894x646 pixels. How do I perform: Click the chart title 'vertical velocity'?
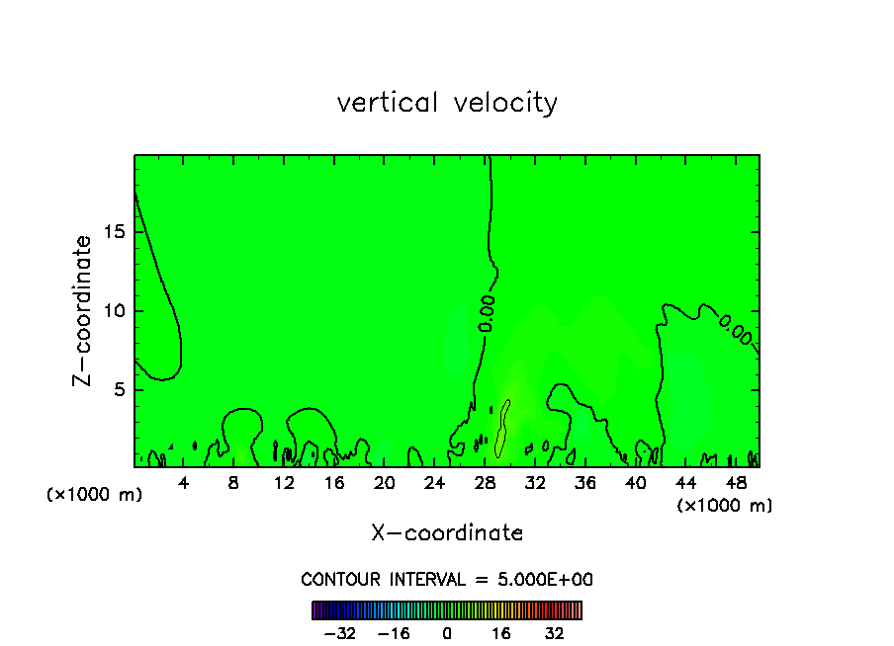point(447,103)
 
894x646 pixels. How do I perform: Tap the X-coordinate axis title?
point(447,533)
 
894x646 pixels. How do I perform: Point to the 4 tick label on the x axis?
point(184,483)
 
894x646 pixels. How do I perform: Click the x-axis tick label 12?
point(284,483)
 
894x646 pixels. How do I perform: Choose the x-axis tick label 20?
point(385,483)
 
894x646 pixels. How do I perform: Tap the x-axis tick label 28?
point(485,483)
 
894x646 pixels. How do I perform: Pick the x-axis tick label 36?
point(584,483)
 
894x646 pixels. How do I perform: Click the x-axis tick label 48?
point(735,483)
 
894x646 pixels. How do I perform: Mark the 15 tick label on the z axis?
point(113,232)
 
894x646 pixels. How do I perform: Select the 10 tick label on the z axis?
point(113,311)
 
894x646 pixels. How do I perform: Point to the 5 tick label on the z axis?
point(119,389)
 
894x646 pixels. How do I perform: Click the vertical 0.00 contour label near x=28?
point(487,314)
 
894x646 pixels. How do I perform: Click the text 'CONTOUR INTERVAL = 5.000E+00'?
point(447,580)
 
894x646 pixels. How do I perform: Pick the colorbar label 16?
point(501,632)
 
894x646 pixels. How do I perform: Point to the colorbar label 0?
point(447,632)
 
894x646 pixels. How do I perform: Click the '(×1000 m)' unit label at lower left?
point(95,494)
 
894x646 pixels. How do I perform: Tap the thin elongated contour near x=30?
point(502,427)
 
